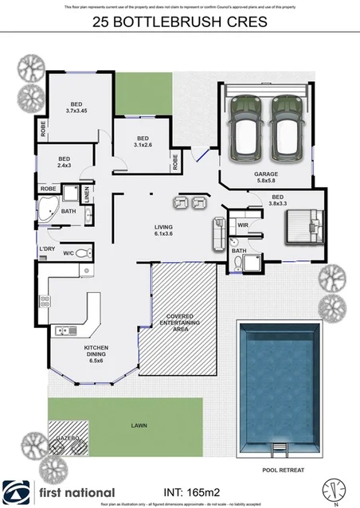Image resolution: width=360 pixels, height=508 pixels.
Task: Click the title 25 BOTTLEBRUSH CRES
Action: (180, 23)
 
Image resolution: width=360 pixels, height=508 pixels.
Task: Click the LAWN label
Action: (139, 426)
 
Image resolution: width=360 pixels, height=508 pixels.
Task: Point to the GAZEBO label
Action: (66, 439)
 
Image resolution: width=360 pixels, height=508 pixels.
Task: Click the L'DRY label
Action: (46, 249)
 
